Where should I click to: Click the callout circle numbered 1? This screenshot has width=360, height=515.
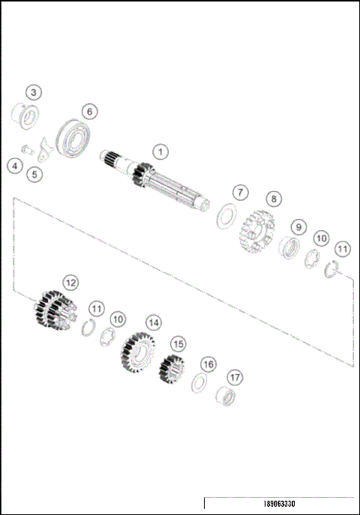coord(159,151)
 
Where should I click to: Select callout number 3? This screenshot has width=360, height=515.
coord(33,92)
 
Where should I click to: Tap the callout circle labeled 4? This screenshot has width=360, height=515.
coord(15,166)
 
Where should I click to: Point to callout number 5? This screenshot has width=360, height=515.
coord(34,175)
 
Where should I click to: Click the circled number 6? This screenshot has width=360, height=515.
coord(89,112)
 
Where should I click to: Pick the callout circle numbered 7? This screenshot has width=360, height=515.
coord(239,193)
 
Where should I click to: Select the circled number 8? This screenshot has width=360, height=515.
coord(274,199)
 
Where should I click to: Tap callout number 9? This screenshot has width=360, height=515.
coord(298,226)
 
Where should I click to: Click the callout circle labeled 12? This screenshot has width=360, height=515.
coord(70,283)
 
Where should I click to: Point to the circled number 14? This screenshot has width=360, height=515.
coord(154,322)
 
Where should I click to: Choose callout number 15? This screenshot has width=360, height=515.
coord(178,343)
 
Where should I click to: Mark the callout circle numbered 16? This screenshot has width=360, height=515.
coord(208,364)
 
